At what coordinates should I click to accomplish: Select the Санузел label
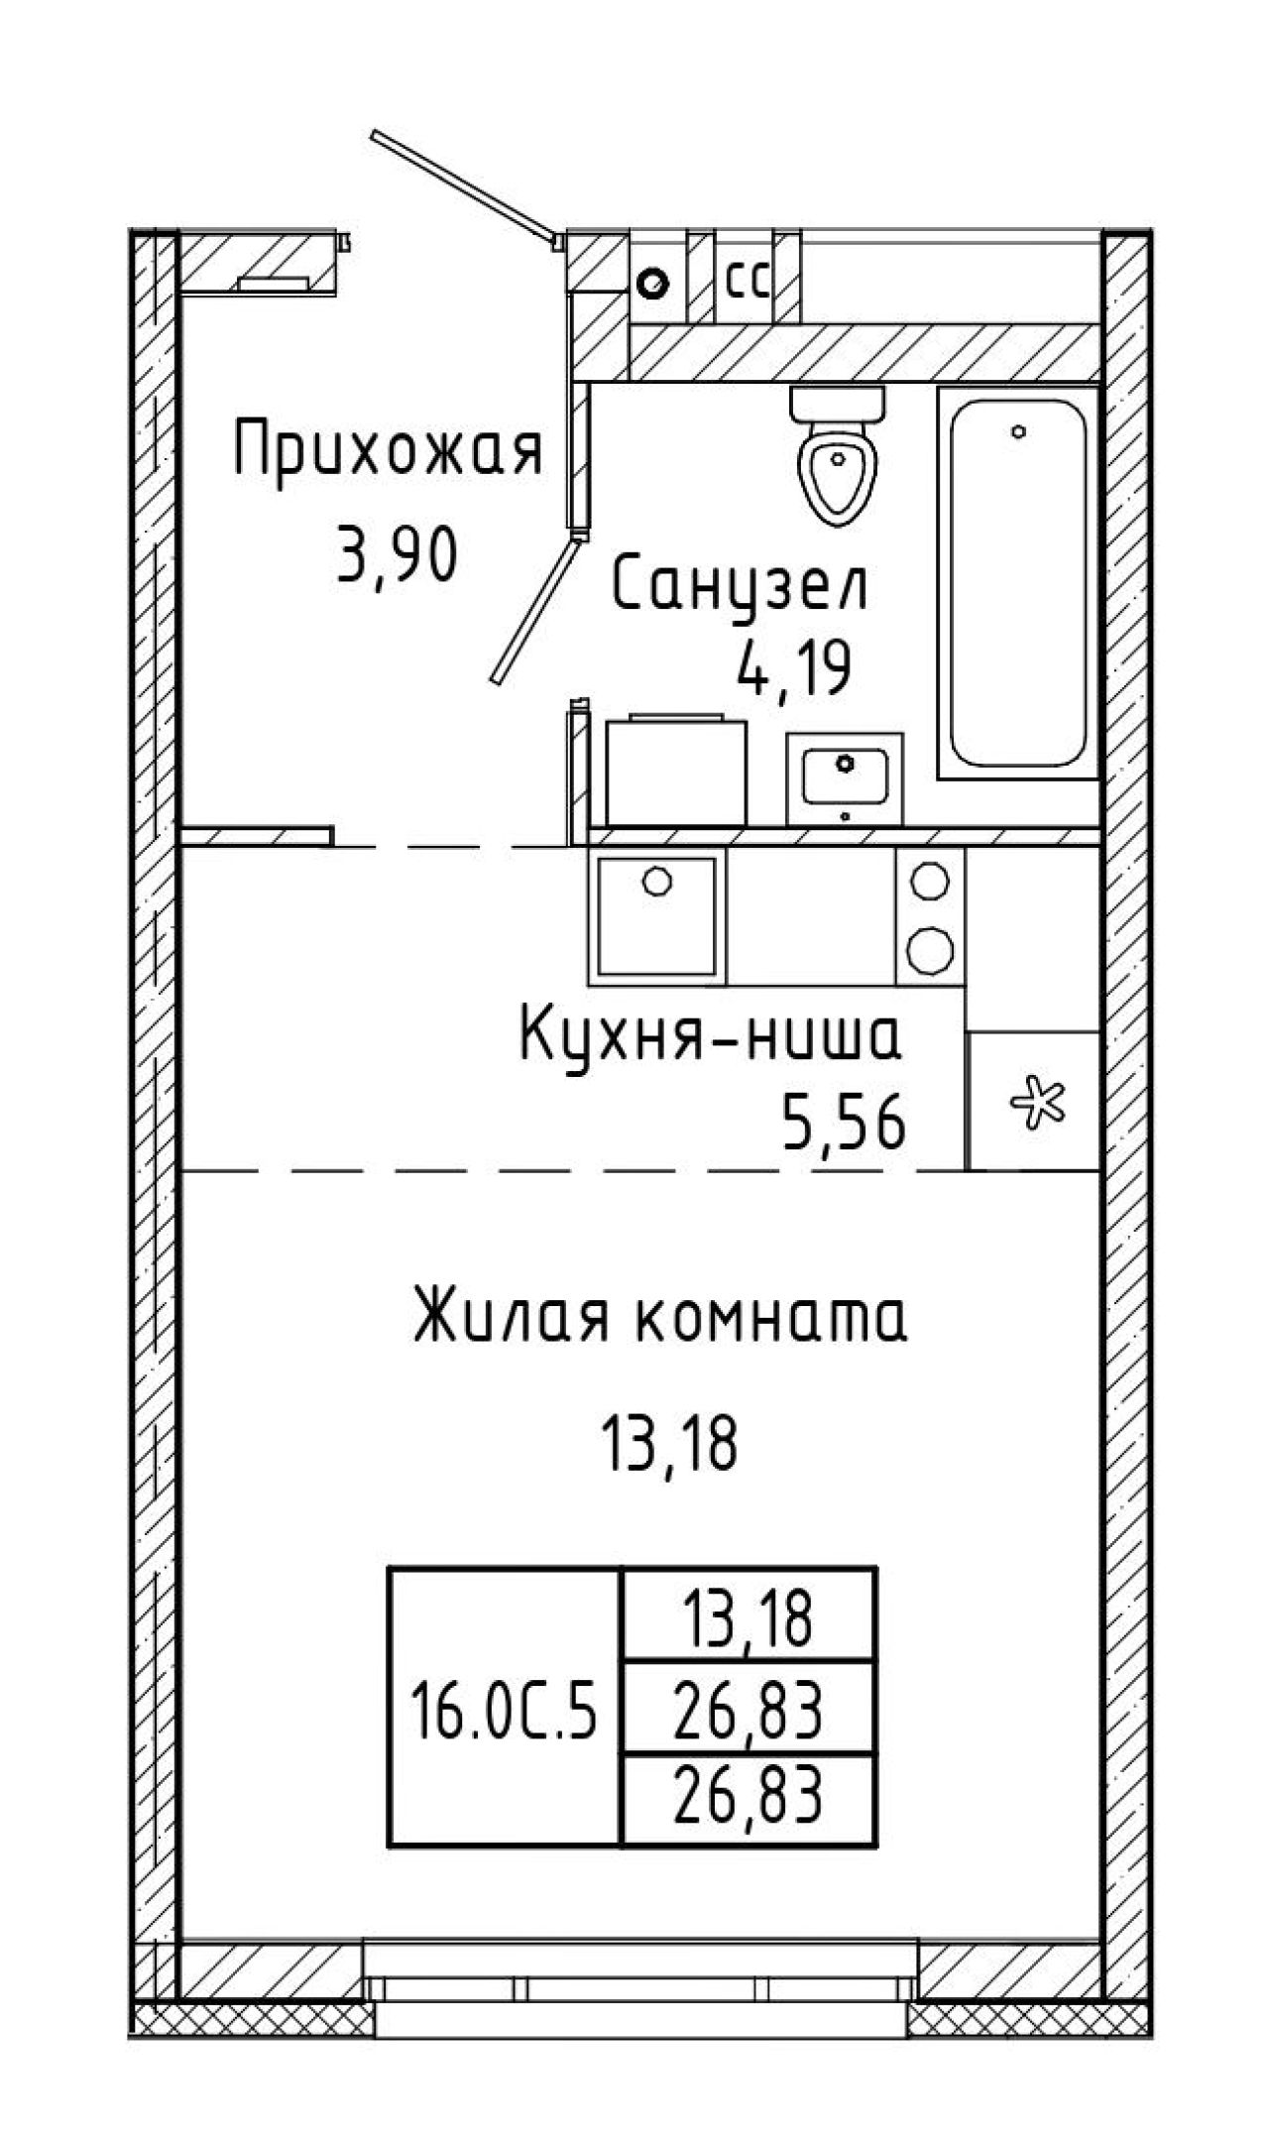[x=741, y=585]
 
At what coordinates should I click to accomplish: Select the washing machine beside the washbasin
[x=676, y=771]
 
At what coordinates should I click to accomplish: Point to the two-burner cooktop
[x=930, y=916]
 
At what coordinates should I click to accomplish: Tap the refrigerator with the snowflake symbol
[x=1034, y=1101]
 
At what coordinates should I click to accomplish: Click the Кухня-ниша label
[x=710, y=1034]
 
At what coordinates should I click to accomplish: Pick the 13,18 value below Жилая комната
[x=669, y=1443]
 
